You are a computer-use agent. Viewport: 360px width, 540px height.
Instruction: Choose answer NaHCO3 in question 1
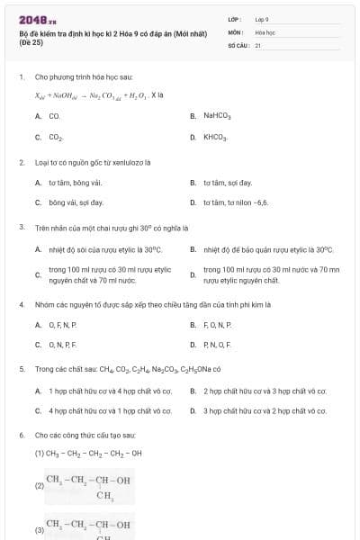pos(217,116)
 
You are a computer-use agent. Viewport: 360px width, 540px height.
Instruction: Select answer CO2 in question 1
pos(56,138)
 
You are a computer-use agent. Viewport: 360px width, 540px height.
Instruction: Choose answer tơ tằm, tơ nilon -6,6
pos(236,203)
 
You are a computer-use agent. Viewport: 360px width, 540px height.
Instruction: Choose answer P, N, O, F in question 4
pos(218,345)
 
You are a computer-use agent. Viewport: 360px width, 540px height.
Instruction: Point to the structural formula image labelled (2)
pos(88,487)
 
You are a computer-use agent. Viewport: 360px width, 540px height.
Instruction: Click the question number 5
pos(21,369)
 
